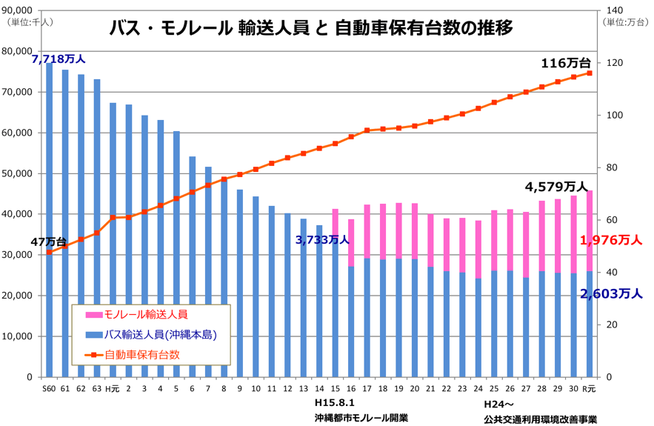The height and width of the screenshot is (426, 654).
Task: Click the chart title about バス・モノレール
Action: (311, 28)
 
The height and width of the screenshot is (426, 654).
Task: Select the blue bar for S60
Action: (49, 222)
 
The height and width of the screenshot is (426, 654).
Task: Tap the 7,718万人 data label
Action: (59, 58)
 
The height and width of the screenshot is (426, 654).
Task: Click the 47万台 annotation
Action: (48, 242)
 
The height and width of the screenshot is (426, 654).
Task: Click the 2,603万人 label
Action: (611, 293)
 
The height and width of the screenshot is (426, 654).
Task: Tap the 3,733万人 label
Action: (321, 239)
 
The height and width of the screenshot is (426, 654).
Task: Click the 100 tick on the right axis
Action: (607, 116)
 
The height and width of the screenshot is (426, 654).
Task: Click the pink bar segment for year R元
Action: (590, 230)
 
